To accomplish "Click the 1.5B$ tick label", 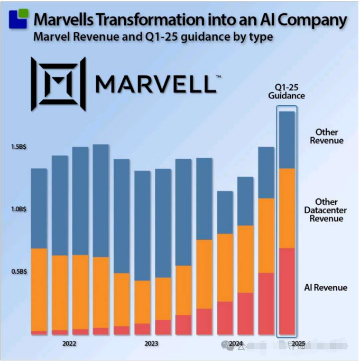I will pos(19,147).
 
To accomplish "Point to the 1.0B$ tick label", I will pos(19,209).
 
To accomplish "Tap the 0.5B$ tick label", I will pos(19,271).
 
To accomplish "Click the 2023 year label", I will pos(152,343).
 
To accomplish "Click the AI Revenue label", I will pos(326,287).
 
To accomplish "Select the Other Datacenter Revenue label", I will pos(326,210).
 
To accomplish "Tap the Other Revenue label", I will pos(326,136).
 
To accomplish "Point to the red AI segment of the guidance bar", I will pos(287,291).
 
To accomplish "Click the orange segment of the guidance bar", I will pos(287,208).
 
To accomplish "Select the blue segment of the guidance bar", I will pos(287,140).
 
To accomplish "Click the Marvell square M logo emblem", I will pos(58,84).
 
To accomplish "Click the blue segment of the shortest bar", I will pos(225,212).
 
